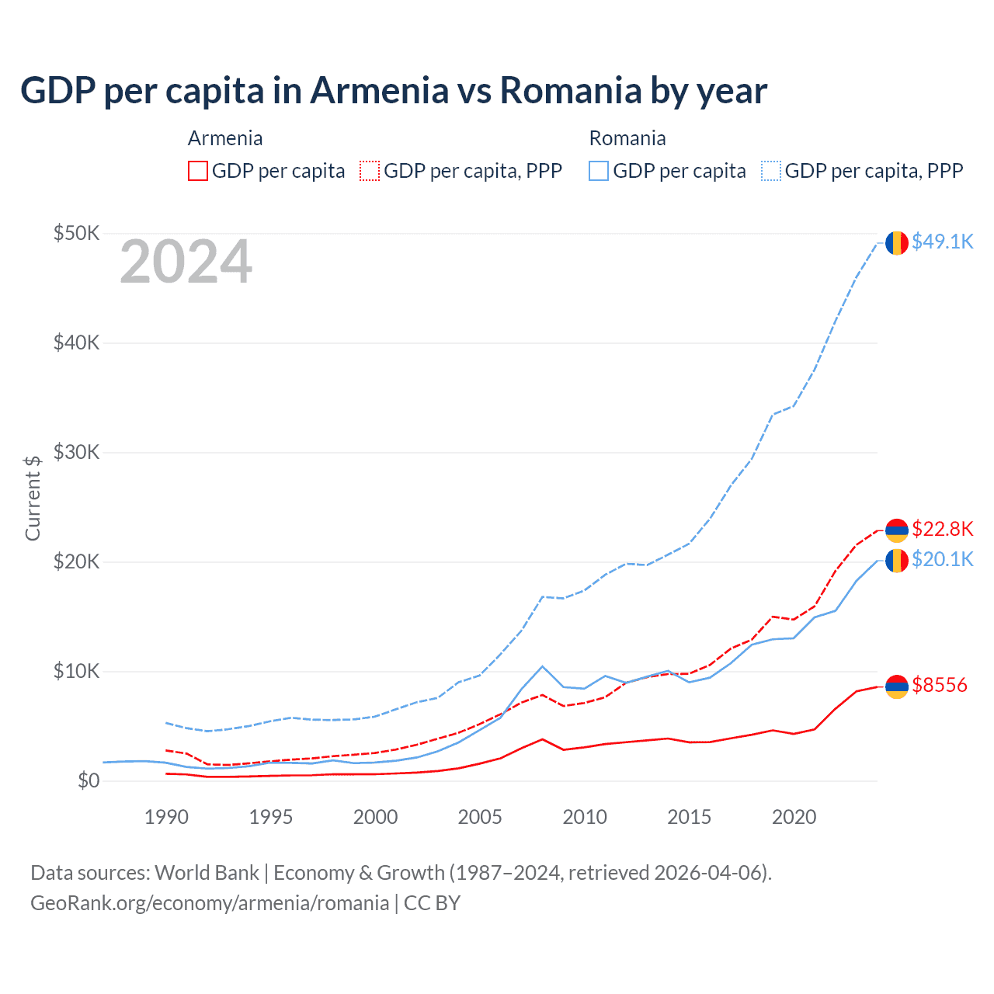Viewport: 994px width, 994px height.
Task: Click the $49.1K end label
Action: [942, 242]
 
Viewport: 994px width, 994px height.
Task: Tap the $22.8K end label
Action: [942, 529]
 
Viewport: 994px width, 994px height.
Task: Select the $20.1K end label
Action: [942, 559]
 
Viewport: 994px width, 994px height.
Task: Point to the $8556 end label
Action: [939, 685]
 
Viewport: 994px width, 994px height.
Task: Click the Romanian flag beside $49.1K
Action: [897, 243]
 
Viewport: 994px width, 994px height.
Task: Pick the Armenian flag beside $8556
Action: [897, 686]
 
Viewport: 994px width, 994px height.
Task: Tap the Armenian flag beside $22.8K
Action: [897, 530]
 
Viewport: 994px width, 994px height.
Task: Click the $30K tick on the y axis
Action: [76, 452]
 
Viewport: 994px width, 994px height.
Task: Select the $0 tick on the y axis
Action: [89, 780]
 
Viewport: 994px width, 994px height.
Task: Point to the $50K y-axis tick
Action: [76, 233]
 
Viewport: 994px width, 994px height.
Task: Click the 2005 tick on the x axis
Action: [480, 817]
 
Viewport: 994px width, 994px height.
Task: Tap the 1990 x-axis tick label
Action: [166, 817]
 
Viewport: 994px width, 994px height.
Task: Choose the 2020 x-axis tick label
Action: [794, 817]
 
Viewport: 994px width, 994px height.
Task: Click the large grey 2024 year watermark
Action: [186, 262]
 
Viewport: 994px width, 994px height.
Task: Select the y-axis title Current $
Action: [33, 498]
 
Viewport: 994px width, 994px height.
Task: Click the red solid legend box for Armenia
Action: [198, 171]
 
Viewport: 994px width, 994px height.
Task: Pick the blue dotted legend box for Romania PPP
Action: [771, 171]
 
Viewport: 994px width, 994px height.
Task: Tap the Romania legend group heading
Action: [627, 138]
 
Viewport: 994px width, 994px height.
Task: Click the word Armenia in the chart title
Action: [379, 90]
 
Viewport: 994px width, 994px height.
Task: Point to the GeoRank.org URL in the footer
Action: [210, 902]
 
